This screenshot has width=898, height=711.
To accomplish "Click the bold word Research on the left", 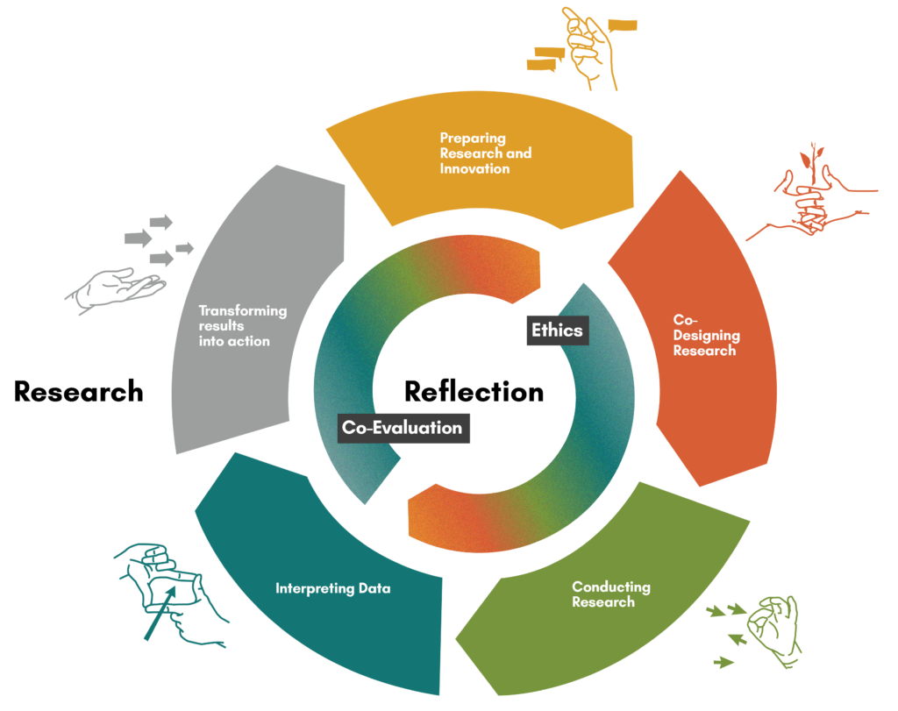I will coord(78,392).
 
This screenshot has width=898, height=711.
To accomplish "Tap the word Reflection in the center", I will coord(474,391).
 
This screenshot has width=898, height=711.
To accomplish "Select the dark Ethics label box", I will coord(557,331).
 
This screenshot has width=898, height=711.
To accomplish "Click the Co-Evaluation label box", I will coord(403,428).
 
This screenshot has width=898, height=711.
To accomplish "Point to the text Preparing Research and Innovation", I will coord(485,153).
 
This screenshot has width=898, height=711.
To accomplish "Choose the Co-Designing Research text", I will coord(706,335).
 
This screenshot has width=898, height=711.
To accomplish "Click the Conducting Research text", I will coord(610,594).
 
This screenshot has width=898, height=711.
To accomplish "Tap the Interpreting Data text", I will coord(332,588).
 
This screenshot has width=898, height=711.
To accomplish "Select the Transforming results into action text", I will coord(242,325).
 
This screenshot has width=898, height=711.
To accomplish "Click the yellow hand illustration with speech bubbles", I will coord(586,48).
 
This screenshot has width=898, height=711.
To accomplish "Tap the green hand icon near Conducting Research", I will coord(773,627).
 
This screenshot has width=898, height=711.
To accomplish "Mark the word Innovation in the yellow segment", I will coord(474,167).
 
